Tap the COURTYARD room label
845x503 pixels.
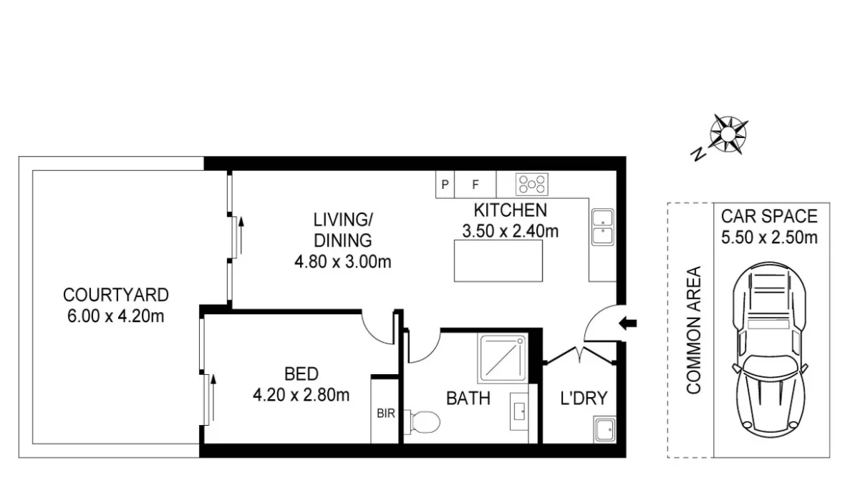115,295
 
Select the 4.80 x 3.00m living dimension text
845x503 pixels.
343,262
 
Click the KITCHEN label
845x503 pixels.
510,210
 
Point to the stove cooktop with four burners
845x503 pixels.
532,185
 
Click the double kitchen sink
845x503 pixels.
602,228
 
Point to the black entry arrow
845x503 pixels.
628,323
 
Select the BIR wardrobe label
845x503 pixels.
385,413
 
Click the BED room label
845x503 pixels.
301,373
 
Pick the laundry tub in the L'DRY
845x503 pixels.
603,430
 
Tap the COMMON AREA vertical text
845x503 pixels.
692,330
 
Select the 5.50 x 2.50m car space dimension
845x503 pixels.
768,238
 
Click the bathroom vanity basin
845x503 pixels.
519,411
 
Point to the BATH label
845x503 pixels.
468,398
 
